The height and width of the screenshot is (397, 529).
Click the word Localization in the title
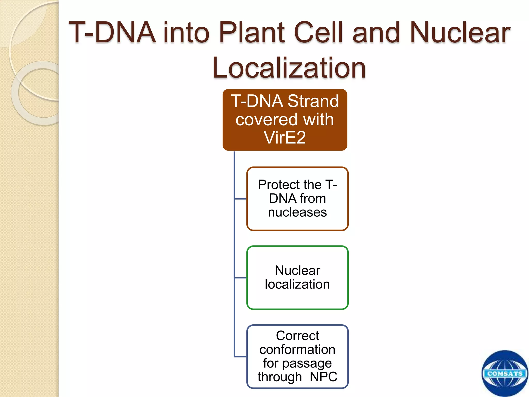point(289,68)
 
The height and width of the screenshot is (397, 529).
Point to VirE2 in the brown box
point(285,138)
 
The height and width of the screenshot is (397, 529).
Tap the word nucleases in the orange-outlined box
point(297,212)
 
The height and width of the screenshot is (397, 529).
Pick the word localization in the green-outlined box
point(297,284)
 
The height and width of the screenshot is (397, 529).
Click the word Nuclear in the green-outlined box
point(297,271)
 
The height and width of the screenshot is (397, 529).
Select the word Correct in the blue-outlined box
point(297,336)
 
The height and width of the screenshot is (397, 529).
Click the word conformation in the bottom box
point(297,349)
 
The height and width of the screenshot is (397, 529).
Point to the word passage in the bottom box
point(307,363)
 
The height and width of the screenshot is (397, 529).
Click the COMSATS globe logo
point(504,374)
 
